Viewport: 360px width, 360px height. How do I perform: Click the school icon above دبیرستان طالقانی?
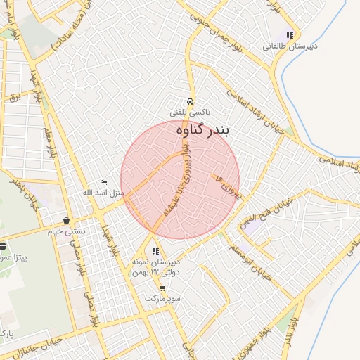(290, 35)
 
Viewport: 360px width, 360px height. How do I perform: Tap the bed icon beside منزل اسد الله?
(104, 183)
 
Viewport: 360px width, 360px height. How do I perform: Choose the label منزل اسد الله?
(103, 193)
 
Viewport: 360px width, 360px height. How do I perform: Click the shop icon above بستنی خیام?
(65, 220)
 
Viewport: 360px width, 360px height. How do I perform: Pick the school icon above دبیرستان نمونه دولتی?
(155, 251)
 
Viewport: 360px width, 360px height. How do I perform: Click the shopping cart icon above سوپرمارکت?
(162, 288)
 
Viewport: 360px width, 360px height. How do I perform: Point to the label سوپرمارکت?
(162, 299)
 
